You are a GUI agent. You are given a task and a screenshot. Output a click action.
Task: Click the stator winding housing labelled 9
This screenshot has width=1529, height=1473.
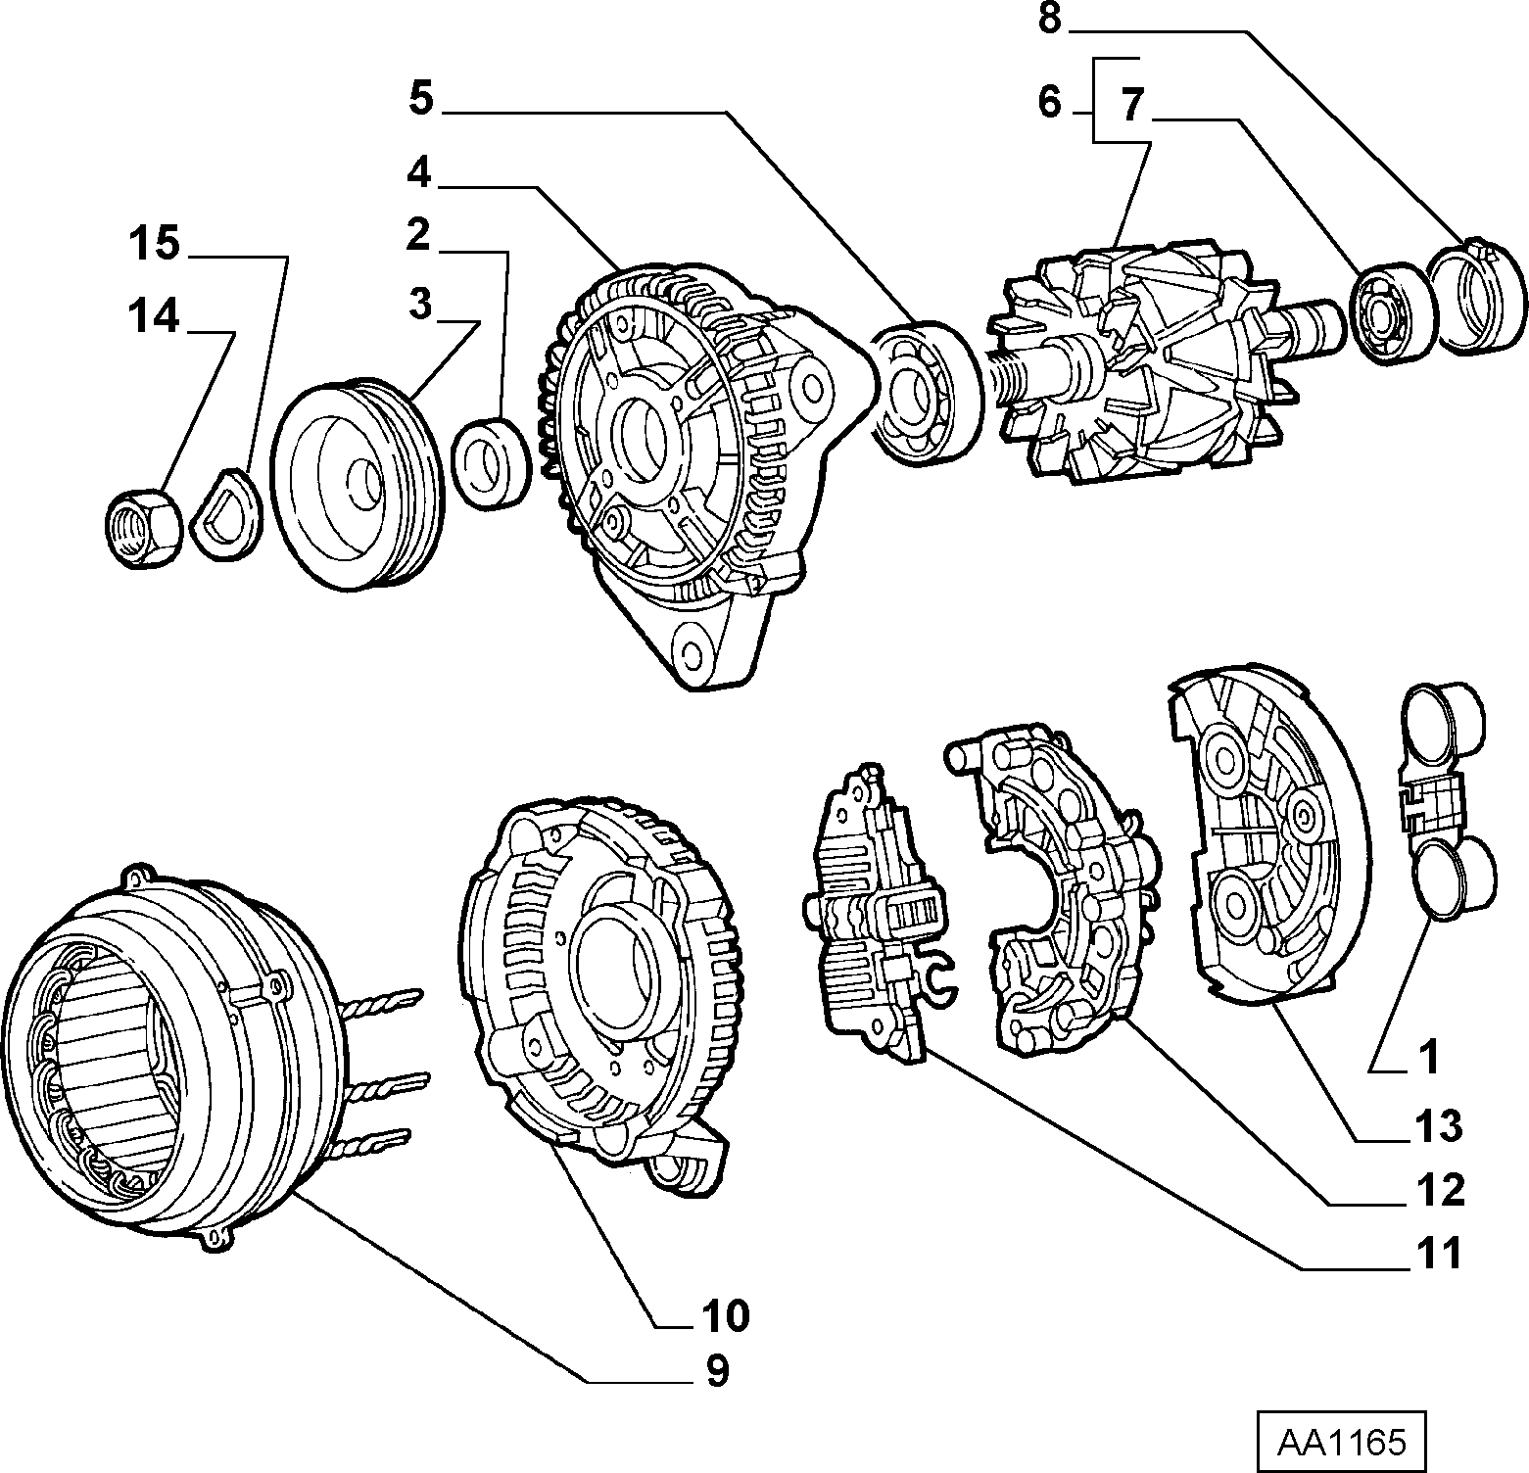(x=176, y=1048)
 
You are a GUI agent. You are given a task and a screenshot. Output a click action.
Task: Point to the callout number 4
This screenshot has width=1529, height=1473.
(x=419, y=172)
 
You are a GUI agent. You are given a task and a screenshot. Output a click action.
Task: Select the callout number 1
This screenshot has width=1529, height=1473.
(x=1430, y=1059)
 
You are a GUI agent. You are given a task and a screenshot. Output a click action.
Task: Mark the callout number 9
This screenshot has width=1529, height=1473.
(x=718, y=1371)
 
